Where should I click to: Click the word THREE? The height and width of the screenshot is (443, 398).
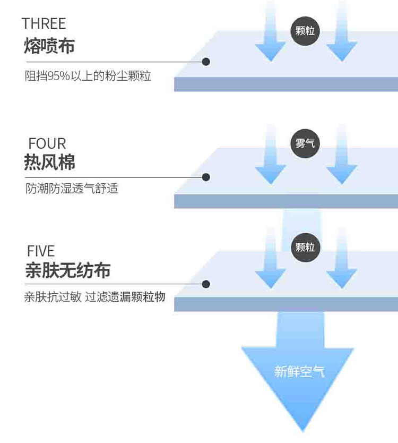[x=44, y=23]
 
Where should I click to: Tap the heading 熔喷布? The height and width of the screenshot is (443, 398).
[x=49, y=46]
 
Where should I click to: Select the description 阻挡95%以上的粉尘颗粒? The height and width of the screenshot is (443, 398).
[x=88, y=76]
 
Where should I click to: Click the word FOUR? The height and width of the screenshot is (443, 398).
[x=47, y=143]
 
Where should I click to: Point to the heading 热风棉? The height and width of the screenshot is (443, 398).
[x=49, y=161]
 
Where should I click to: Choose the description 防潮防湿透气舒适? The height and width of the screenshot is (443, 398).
[x=72, y=189]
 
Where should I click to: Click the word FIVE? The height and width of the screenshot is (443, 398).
[x=40, y=251]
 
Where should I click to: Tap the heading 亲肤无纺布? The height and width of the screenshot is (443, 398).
[x=67, y=270]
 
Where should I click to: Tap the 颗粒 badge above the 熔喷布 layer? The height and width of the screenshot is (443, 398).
[x=305, y=30]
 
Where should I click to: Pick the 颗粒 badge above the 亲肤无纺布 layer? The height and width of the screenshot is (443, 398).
[x=305, y=248]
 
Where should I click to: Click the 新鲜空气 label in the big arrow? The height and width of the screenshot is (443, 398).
[x=299, y=372]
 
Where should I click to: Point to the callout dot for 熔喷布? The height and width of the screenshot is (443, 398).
[x=206, y=62]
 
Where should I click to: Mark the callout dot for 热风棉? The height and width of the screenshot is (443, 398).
[x=206, y=177]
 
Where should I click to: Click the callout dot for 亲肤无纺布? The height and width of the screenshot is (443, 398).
[x=206, y=284]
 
